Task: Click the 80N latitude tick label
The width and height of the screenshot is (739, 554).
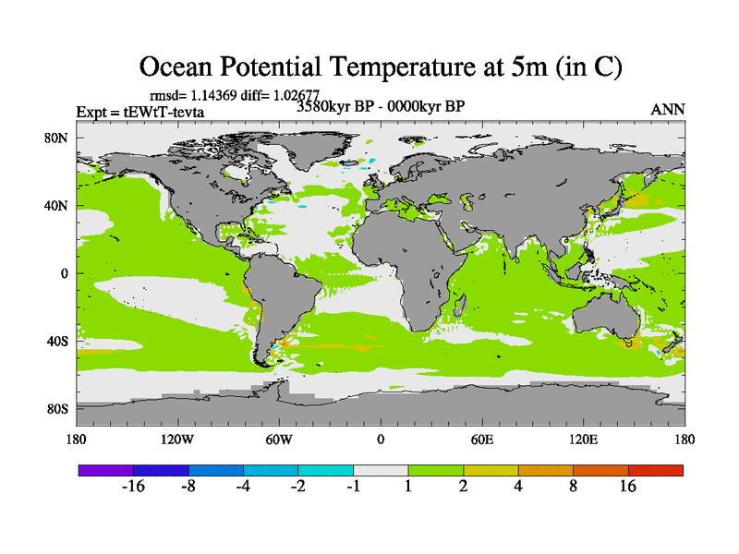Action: [x=57, y=138]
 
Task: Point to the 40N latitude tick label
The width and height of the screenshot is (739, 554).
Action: [x=57, y=206]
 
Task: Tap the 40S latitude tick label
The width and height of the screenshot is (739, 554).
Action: [x=57, y=342]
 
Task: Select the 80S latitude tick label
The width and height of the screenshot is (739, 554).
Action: [x=57, y=409]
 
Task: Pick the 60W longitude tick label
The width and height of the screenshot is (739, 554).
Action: [x=279, y=439]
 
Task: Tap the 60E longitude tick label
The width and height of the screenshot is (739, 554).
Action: [x=482, y=439]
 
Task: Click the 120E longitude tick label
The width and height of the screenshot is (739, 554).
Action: [x=584, y=439]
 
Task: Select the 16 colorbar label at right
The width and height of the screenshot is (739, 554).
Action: [x=628, y=488]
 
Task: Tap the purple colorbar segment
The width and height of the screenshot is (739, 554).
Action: [x=105, y=470]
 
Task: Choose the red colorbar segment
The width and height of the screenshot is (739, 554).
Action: [x=656, y=470]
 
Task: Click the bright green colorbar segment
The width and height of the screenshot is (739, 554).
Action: [x=436, y=470]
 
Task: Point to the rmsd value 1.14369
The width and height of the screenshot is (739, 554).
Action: [x=208, y=94]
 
